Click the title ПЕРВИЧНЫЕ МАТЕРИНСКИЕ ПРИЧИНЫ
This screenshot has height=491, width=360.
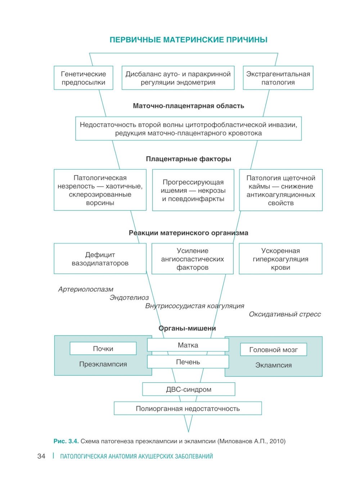pyautogui.click(x=188, y=40)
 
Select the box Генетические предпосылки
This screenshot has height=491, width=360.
pyautogui.click(x=84, y=78)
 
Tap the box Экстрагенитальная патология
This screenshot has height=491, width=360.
pyautogui.click(x=278, y=78)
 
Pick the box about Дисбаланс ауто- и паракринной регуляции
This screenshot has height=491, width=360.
pyautogui.click(x=178, y=78)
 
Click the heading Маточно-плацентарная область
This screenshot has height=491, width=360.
pyautogui.click(x=188, y=106)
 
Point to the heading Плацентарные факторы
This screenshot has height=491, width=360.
pyautogui.click(x=188, y=159)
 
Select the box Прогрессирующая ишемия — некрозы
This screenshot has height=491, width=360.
pyautogui.click(x=193, y=190)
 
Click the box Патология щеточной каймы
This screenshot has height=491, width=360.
pyautogui.click(x=281, y=190)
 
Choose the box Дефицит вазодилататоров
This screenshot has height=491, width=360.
pyautogui.click(x=100, y=259)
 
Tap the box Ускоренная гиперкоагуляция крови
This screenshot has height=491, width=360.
pyautogui.click(x=280, y=259)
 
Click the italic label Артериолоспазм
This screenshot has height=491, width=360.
pyautogui.click(x=86, y=289)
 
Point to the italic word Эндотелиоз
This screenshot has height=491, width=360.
pyautogui.click(x=129, y=298)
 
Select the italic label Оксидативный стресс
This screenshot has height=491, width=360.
pyautogui.click(x=285, y=314)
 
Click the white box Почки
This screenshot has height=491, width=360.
pyautogui.click(x=103, y=348)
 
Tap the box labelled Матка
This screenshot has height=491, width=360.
pyautogui.click(x=188, y=345)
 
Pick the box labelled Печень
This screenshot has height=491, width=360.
pyautogui.click(x=188, y=362)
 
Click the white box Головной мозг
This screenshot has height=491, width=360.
pyautogui.click(x=273, y=350)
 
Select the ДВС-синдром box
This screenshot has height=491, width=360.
pyautogui.click(x=189, y=389)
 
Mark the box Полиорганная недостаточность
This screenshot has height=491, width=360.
pyautogui.click(x=188, y=409)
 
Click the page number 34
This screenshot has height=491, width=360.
pyautogui.click(x=41, y=456)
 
